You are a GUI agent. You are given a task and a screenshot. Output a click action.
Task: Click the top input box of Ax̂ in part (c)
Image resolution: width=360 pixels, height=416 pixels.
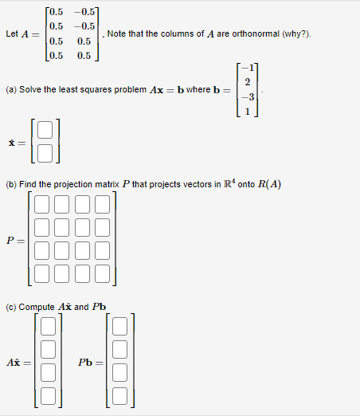pos(48,326)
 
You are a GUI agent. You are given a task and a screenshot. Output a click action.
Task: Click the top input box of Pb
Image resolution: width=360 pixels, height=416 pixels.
pos(119,326)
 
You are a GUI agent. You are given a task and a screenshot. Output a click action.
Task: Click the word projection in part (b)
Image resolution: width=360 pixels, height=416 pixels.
pos(76,186)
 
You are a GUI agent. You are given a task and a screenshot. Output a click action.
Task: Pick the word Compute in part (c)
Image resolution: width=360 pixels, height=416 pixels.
pos(36,307)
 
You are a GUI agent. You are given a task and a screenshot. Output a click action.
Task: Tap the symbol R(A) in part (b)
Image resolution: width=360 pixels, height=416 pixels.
pos(268,186)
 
